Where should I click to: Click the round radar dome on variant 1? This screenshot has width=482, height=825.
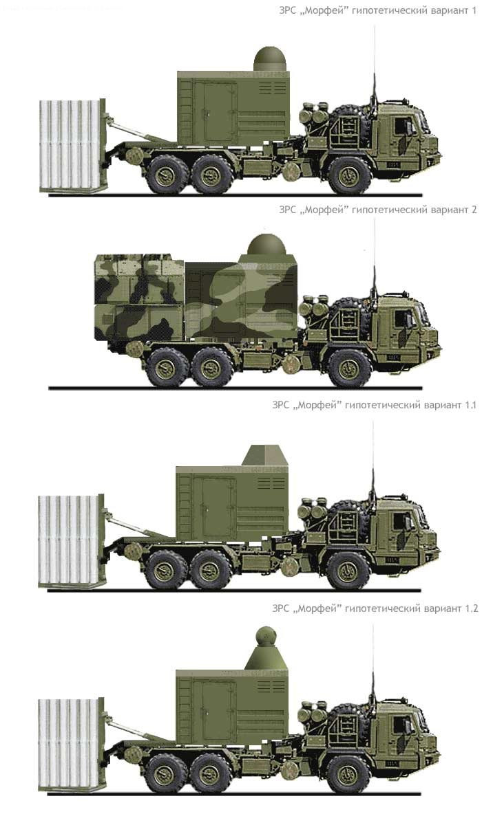tap(271, 60)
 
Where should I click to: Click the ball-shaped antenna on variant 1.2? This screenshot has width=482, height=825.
tap(265, 637)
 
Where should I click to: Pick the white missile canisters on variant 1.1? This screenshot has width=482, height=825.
tap(69, 539)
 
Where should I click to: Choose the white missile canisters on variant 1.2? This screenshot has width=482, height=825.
tap(70, 743)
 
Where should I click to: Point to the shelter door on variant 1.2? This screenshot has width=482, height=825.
tap(219, 712)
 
